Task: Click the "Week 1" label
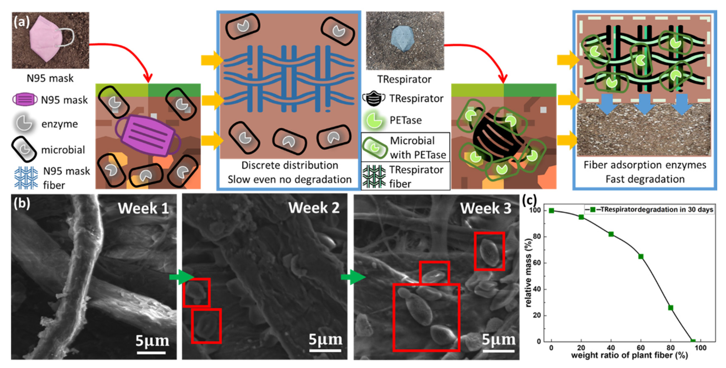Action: coord(143,208)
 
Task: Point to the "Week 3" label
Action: coord(485,208)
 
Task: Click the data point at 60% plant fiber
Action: coord(641,256)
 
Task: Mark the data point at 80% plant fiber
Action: coord(671,308)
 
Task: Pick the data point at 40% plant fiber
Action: coord(611,234)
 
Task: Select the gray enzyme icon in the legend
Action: coord(24,124)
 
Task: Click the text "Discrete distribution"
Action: coord(289,165)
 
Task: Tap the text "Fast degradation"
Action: coord(645,179)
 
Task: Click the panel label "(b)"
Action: coord(22,203)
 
